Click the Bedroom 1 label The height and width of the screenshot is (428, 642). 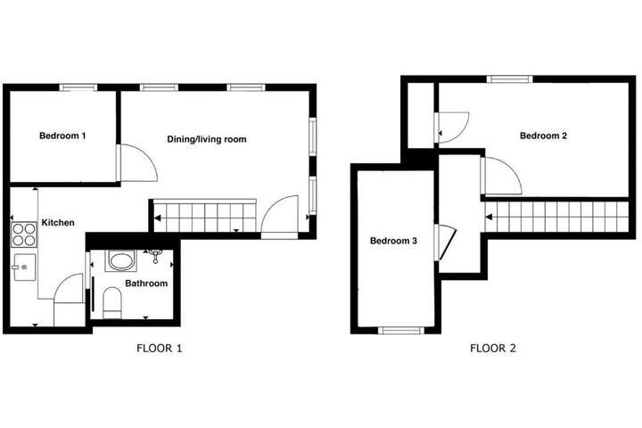coord(62,136)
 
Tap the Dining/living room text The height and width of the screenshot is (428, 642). coord(207,139)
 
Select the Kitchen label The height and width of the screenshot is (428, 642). coord(58,223)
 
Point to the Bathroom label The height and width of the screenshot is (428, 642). coord(146,284)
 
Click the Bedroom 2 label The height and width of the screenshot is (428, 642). coord(543,136)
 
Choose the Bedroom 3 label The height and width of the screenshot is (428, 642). coord(393,241)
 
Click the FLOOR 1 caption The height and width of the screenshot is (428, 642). coord(160,349)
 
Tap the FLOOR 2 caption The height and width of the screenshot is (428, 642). coord(493,349)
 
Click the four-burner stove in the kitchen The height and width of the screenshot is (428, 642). coord(24,235)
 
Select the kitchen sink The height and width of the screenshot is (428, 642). coord(25,267)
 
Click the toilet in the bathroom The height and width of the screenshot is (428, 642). coord(111,302)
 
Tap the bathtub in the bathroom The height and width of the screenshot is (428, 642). coord(120,261)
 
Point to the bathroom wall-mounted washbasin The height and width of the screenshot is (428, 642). coord(155,255)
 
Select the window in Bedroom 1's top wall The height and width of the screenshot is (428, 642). coord(78,87)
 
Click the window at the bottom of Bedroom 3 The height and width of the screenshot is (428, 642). coord(401,330)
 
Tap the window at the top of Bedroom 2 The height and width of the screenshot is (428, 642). coord(510,79)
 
